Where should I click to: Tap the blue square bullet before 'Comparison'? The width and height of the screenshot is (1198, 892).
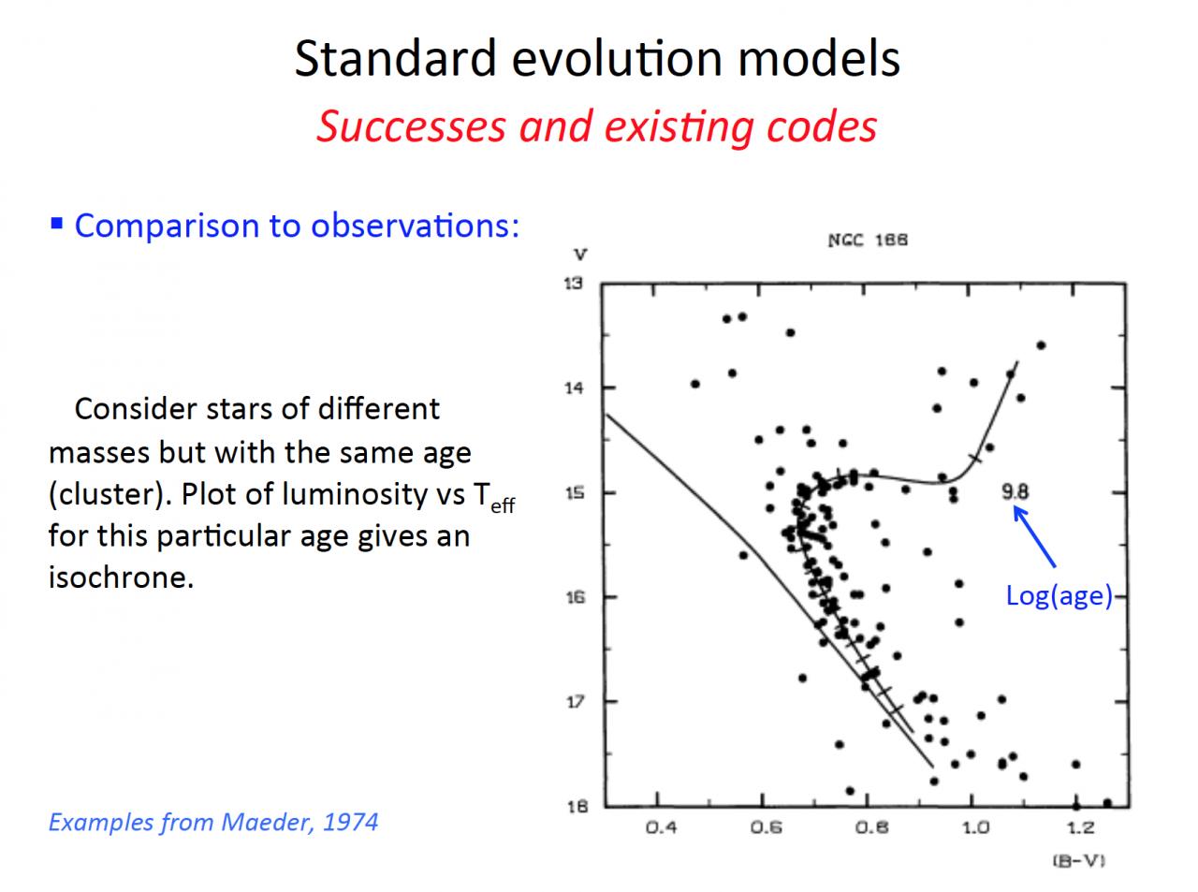pyautogui.click(x=56, y=224)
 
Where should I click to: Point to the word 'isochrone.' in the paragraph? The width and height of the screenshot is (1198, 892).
pyautogui.click(x=121, y=578)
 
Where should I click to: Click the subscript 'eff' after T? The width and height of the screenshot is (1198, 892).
pyautogui.click(x=503, y=506)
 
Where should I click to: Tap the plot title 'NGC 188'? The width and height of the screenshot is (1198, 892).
pyautogui.click(x=868, y=240)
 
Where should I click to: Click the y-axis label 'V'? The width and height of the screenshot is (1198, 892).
pyautogui.click(x=580, y=254)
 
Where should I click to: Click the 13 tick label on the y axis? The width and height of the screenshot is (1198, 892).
pyautogui.click(x=574, y=284)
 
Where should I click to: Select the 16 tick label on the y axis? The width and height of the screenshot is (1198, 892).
pyautogui.click(x=574, y=597)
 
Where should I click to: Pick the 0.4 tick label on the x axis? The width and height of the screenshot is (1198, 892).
pyautogui.click(x=660, y=827)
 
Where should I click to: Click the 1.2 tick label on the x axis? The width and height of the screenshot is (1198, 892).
pyautogui.click(x=1079, y=827)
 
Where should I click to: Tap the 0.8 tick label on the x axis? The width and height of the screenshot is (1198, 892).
pyautogui.click(x=870, y=827)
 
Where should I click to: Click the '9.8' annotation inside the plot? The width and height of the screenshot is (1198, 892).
pyautogui.click(x=1015, y=490)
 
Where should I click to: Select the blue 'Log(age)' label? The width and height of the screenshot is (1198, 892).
pyautogui.click(x=1059, y=595)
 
